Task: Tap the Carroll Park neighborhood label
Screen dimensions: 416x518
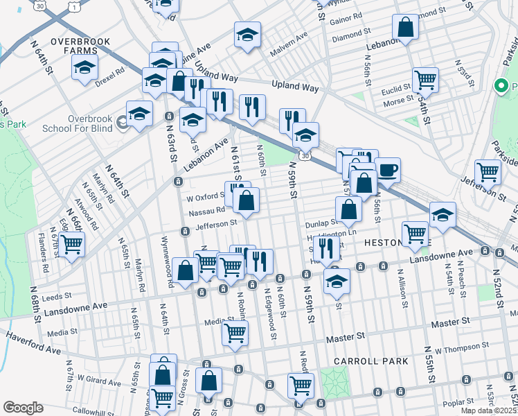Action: coord(363,361)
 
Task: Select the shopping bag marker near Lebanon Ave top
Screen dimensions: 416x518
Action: coord(405,28)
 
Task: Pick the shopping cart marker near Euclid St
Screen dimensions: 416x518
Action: coord(425,79)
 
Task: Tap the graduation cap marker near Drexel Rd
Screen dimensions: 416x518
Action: coord(84,67)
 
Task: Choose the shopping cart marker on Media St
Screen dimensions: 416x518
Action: coord(235,332)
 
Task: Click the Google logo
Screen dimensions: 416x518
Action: coord(24,407)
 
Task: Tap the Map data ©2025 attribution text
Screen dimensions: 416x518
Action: coord(488,410)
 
